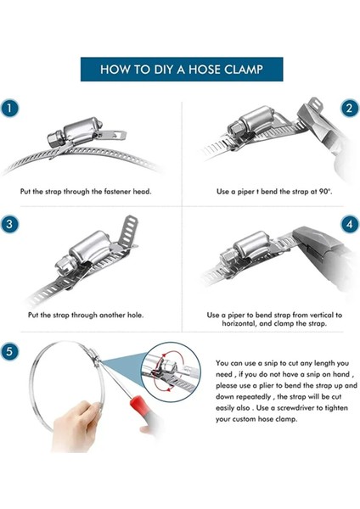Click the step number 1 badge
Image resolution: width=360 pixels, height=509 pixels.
coord(9,108)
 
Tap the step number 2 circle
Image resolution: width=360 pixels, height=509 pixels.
coord(350,108)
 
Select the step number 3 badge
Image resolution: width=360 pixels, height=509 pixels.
coord(9,224)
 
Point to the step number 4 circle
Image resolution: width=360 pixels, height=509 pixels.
coord(350,224)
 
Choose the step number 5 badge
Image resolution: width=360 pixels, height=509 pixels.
coord(9,351)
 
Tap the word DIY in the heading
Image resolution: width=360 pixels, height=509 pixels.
coord(163,70)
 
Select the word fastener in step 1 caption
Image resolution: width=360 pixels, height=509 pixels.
coord(118,192)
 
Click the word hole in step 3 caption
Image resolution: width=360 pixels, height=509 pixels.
coord(136,315)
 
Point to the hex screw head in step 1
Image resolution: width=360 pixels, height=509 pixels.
coord(54,138)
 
